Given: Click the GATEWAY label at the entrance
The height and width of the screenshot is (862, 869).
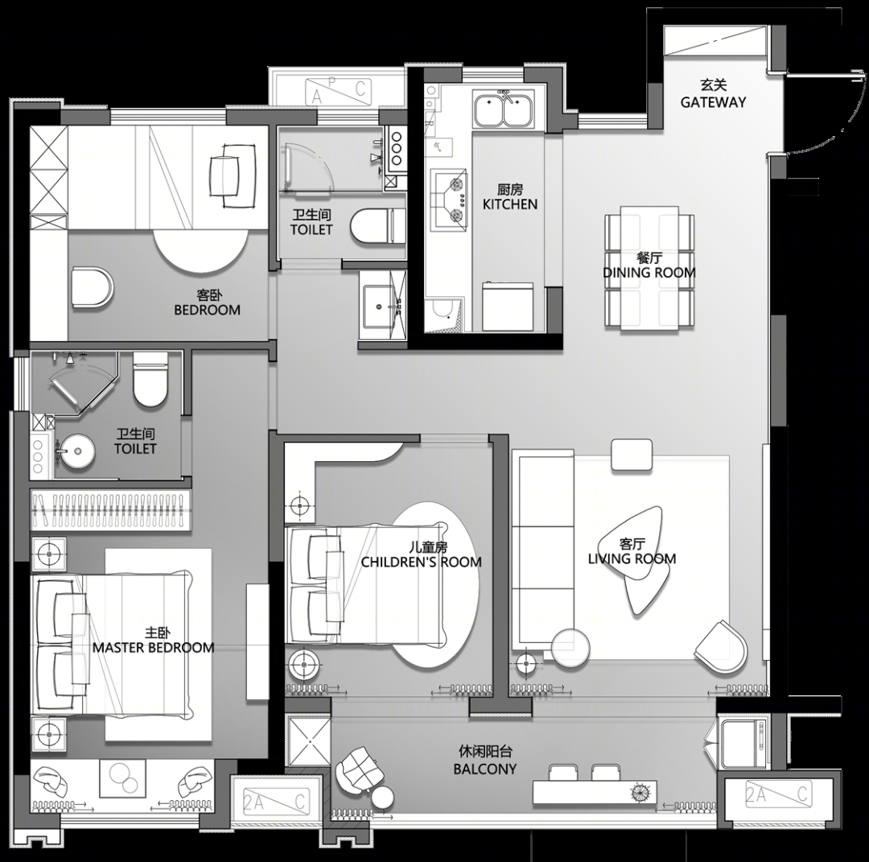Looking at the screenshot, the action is [x=713, y=102].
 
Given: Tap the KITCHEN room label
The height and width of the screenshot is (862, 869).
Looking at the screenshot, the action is [x=510, y=204].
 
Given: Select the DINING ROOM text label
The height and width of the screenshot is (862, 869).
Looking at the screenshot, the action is [x=649, y=272].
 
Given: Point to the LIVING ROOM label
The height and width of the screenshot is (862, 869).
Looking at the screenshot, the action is [x=632, y=559].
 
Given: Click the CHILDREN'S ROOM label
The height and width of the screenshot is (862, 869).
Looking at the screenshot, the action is [x=421, y=562].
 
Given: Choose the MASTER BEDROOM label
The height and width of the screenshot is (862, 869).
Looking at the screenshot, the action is [x=154, y=647].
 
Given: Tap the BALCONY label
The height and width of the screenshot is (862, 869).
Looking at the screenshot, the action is [x=485, y=769].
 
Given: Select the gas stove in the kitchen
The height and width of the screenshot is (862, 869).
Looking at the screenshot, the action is [x=449, y=198].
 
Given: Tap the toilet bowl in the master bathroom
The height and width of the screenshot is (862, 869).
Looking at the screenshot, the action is [x=150, y=380].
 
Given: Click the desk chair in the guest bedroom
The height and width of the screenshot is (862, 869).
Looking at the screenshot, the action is [x=230, y=175].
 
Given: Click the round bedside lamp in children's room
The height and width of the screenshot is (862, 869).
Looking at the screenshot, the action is [x=303, y=663].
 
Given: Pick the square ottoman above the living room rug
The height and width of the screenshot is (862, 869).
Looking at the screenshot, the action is [x=632, y=455].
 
